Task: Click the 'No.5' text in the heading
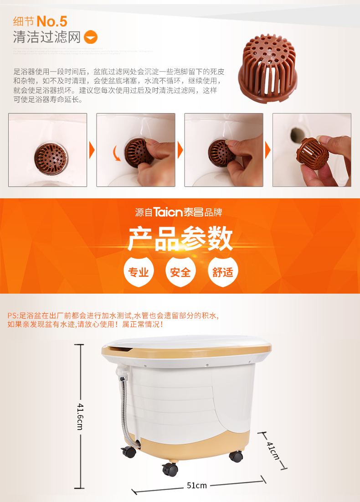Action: [52, 22]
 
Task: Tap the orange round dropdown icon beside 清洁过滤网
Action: [91, 37]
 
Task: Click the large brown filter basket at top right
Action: [267, 68]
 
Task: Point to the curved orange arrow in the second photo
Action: [117, 153]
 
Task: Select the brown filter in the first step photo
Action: [51, 159]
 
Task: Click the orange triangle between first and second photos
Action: [92, 150]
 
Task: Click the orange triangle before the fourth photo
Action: [268, 150]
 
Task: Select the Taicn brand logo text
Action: [169, 212]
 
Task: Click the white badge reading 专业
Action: [139, 272]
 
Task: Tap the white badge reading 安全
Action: [180, 272]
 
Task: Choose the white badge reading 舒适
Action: [223, 272]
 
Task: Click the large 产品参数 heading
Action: [180, 238]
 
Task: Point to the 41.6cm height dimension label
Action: [80, 417]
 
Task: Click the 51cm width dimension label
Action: [197, 486]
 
